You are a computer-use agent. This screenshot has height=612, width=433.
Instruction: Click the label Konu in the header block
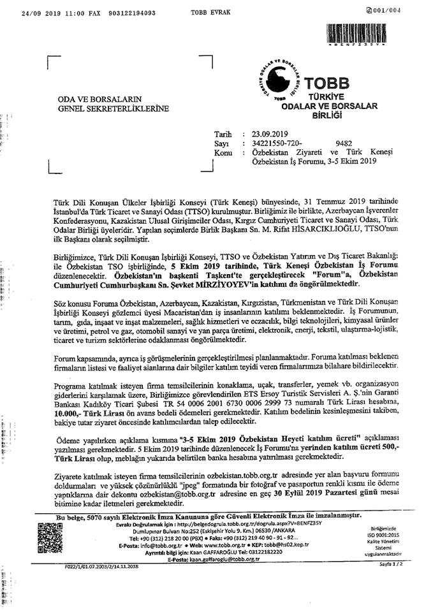(x=223, y=154)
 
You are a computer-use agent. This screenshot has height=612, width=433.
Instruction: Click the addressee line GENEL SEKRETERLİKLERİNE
(x=114, y=109)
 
